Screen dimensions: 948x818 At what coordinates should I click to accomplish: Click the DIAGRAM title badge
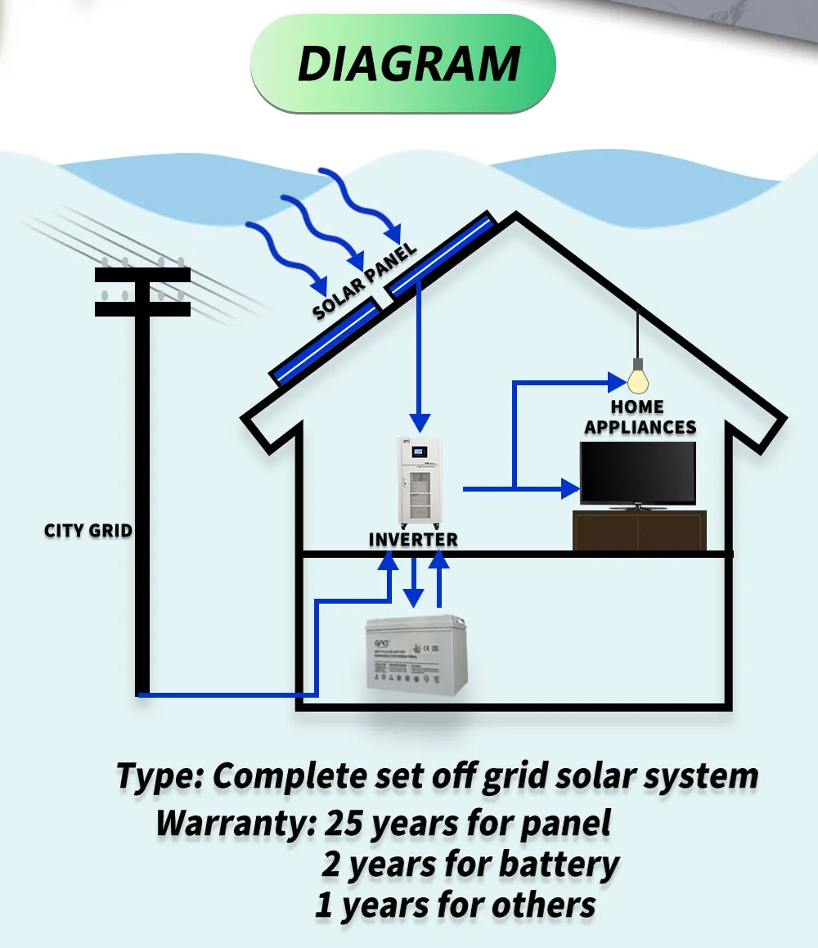403,65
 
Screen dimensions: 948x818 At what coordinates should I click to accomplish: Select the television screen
638,473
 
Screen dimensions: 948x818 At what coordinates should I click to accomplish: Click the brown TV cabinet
639,530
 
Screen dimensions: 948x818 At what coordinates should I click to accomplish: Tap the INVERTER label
413,540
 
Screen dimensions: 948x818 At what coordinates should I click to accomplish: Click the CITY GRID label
88,530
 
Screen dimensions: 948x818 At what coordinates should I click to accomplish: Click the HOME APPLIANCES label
640,416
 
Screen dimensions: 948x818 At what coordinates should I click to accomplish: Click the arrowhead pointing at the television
571,489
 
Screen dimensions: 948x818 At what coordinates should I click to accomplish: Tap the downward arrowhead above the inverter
420,422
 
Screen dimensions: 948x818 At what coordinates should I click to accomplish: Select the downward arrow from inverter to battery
415,582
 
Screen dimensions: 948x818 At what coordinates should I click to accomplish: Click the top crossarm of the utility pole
142,274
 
